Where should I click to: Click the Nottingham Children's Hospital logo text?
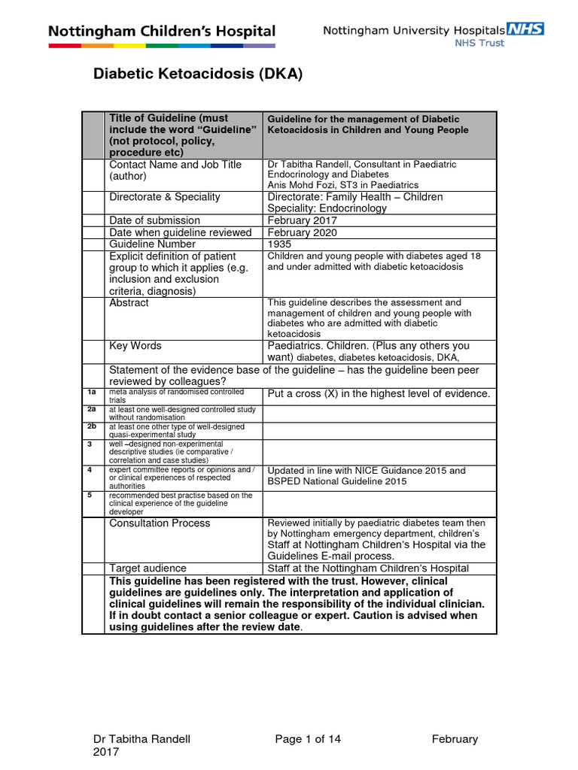tap(162, 32)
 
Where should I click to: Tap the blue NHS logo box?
tap(525, 29)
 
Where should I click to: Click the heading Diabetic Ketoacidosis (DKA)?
tap(197, 74)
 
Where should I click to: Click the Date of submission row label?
tap(155, 220)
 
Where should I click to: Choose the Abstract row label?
tap(129, 303)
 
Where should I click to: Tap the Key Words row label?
tap(135, 346)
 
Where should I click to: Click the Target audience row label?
tap(148, 568)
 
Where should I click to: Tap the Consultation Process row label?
tap(160, 523)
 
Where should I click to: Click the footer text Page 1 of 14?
tap(308, 739)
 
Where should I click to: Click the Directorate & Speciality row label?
tap(165, 197)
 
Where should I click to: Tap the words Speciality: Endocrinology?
tap(327, 208)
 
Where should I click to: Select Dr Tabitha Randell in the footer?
tap(141, 739)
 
